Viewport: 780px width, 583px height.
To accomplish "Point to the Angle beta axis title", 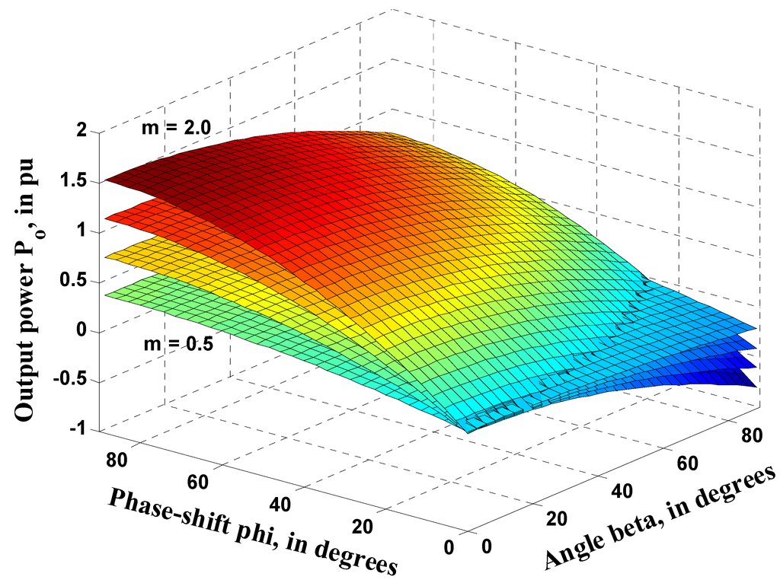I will coord(660,517).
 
